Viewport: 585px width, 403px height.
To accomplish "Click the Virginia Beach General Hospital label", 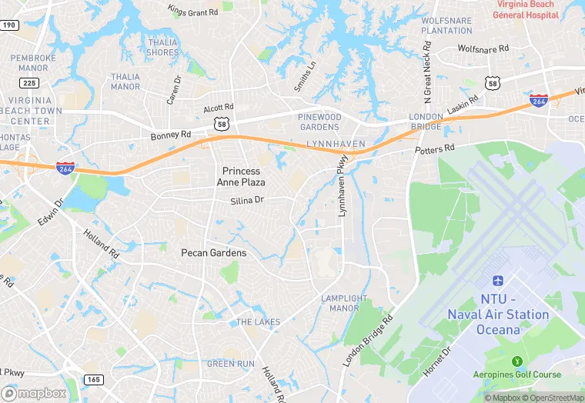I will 526,9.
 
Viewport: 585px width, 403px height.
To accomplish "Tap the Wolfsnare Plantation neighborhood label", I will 446,25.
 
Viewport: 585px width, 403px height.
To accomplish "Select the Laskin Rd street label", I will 463,103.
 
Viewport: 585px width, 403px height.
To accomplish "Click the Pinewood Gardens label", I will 319,122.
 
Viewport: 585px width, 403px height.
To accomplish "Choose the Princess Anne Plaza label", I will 243,176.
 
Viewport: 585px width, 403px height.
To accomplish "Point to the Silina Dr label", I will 247,200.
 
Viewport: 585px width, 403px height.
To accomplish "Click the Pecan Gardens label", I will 214,252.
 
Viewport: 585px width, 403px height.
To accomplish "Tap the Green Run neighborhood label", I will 230,363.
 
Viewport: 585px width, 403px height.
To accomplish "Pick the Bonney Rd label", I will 171,135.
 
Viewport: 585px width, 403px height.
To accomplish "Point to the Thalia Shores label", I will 162,47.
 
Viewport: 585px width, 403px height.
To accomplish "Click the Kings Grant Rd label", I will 192,11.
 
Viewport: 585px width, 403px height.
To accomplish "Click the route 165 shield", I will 94,379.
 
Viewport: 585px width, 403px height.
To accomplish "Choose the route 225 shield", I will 29,83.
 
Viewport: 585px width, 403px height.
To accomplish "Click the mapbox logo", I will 35,393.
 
